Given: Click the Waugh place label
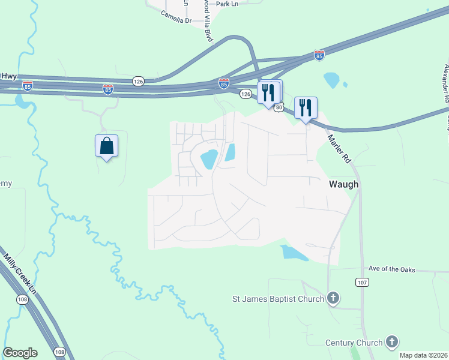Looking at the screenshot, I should [x=343, y=185].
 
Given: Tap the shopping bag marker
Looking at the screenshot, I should [x=106, y=146].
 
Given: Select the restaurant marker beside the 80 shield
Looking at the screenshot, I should [x=268, y=93].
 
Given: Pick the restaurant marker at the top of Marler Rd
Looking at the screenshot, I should [x=306, y=109].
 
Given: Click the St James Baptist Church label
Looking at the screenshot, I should [x=279, y=298].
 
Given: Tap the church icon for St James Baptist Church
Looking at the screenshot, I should [x=333, y=298].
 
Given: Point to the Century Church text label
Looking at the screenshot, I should [x=354, y=343].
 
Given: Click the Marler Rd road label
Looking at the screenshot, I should [x=338, y=149].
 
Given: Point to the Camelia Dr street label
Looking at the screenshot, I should [x=175, y=20].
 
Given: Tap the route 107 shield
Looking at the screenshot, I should [x=361, y=281].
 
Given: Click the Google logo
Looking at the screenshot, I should [x=20, y=353].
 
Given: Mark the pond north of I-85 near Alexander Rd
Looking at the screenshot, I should [x=331, y=80].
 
